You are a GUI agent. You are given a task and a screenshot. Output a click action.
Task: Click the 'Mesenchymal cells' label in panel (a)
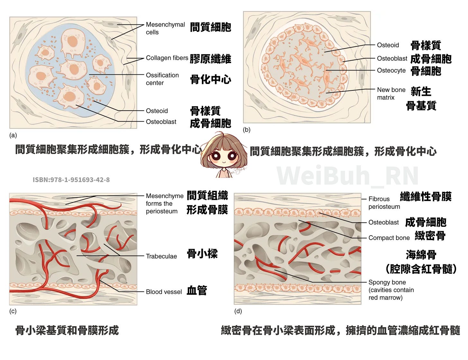165,28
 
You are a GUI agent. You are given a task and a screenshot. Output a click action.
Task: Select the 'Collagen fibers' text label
167,58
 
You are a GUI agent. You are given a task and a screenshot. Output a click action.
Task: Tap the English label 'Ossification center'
162,79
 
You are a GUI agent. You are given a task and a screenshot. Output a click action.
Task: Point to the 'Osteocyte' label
391,70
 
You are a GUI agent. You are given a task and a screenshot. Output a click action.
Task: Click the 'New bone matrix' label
391,94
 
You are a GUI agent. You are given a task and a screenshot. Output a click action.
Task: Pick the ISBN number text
71,180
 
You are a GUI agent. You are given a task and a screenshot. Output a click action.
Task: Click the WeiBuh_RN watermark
347,176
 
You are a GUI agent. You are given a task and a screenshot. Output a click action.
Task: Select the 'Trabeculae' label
161,256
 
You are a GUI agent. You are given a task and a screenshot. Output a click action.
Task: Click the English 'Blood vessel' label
164,292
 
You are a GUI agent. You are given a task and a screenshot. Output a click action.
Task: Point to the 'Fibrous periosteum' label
384,203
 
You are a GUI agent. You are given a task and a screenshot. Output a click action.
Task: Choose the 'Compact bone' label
389,238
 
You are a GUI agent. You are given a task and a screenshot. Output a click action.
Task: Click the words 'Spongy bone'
387,282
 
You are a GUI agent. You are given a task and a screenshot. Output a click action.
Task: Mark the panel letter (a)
13,135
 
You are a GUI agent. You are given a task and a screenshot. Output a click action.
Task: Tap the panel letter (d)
238,311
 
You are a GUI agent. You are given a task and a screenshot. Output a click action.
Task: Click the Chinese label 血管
197,291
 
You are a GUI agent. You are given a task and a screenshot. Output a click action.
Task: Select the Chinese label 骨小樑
202,254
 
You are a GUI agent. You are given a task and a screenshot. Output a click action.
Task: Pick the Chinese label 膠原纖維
210,59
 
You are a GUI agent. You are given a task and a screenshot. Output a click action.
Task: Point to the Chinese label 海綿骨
421,255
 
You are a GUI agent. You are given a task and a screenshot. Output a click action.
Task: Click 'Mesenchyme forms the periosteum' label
164,203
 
